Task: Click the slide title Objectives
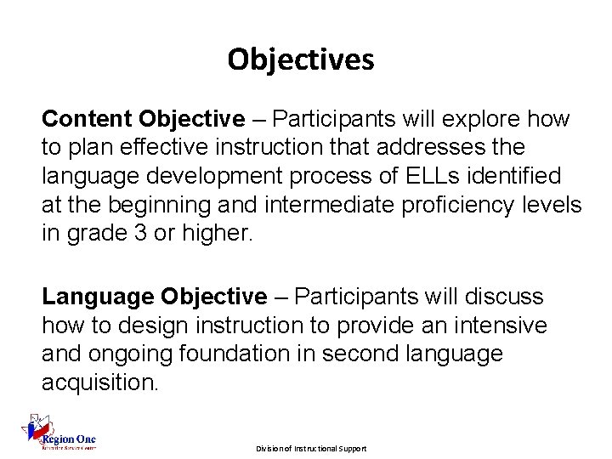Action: (x=300, y=59)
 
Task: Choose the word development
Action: (x=208, y=176)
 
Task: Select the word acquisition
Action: (x=99, y=383)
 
